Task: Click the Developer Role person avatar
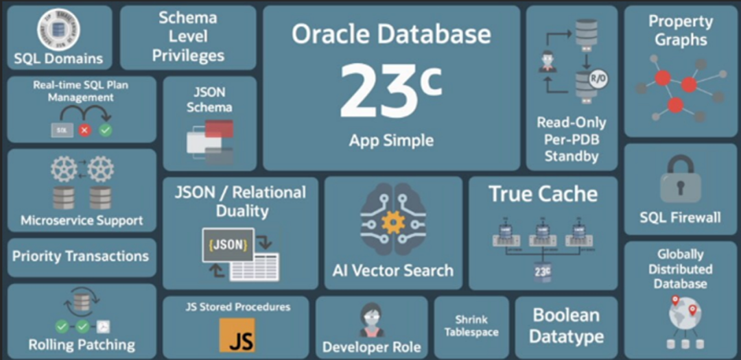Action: (x=371, y=320)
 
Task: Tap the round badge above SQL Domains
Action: (x=58, y=29)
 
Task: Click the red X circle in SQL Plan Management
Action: (x=84, y=129)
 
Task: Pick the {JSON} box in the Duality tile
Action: (x=227, y=245)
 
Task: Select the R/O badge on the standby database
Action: (x=598, y=79)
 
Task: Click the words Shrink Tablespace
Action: (x=471, y=326)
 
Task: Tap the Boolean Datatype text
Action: (x=567, y=326)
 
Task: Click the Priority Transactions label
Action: (x=80, y=256)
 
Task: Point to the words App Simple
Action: (x=391, y=141)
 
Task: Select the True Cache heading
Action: (x=543, y=194)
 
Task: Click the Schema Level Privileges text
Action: (x=188, y=36)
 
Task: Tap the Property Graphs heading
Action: (x=680, y=30)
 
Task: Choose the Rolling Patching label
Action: (x=82, y=344)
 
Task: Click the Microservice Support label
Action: (x=82, y=221)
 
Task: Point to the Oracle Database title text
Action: (x=391, y=34)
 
